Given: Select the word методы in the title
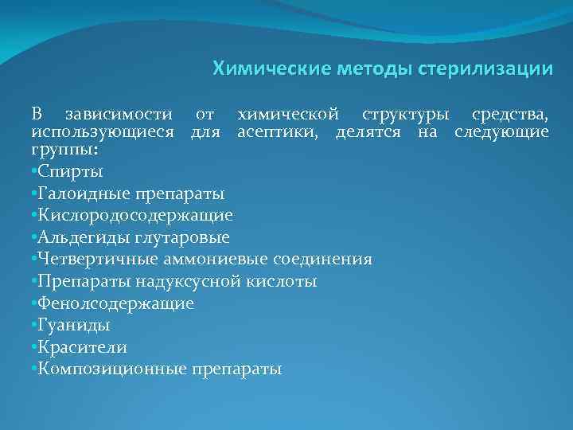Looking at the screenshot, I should pos(364,69).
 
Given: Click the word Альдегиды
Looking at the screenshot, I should pos(76,237).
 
